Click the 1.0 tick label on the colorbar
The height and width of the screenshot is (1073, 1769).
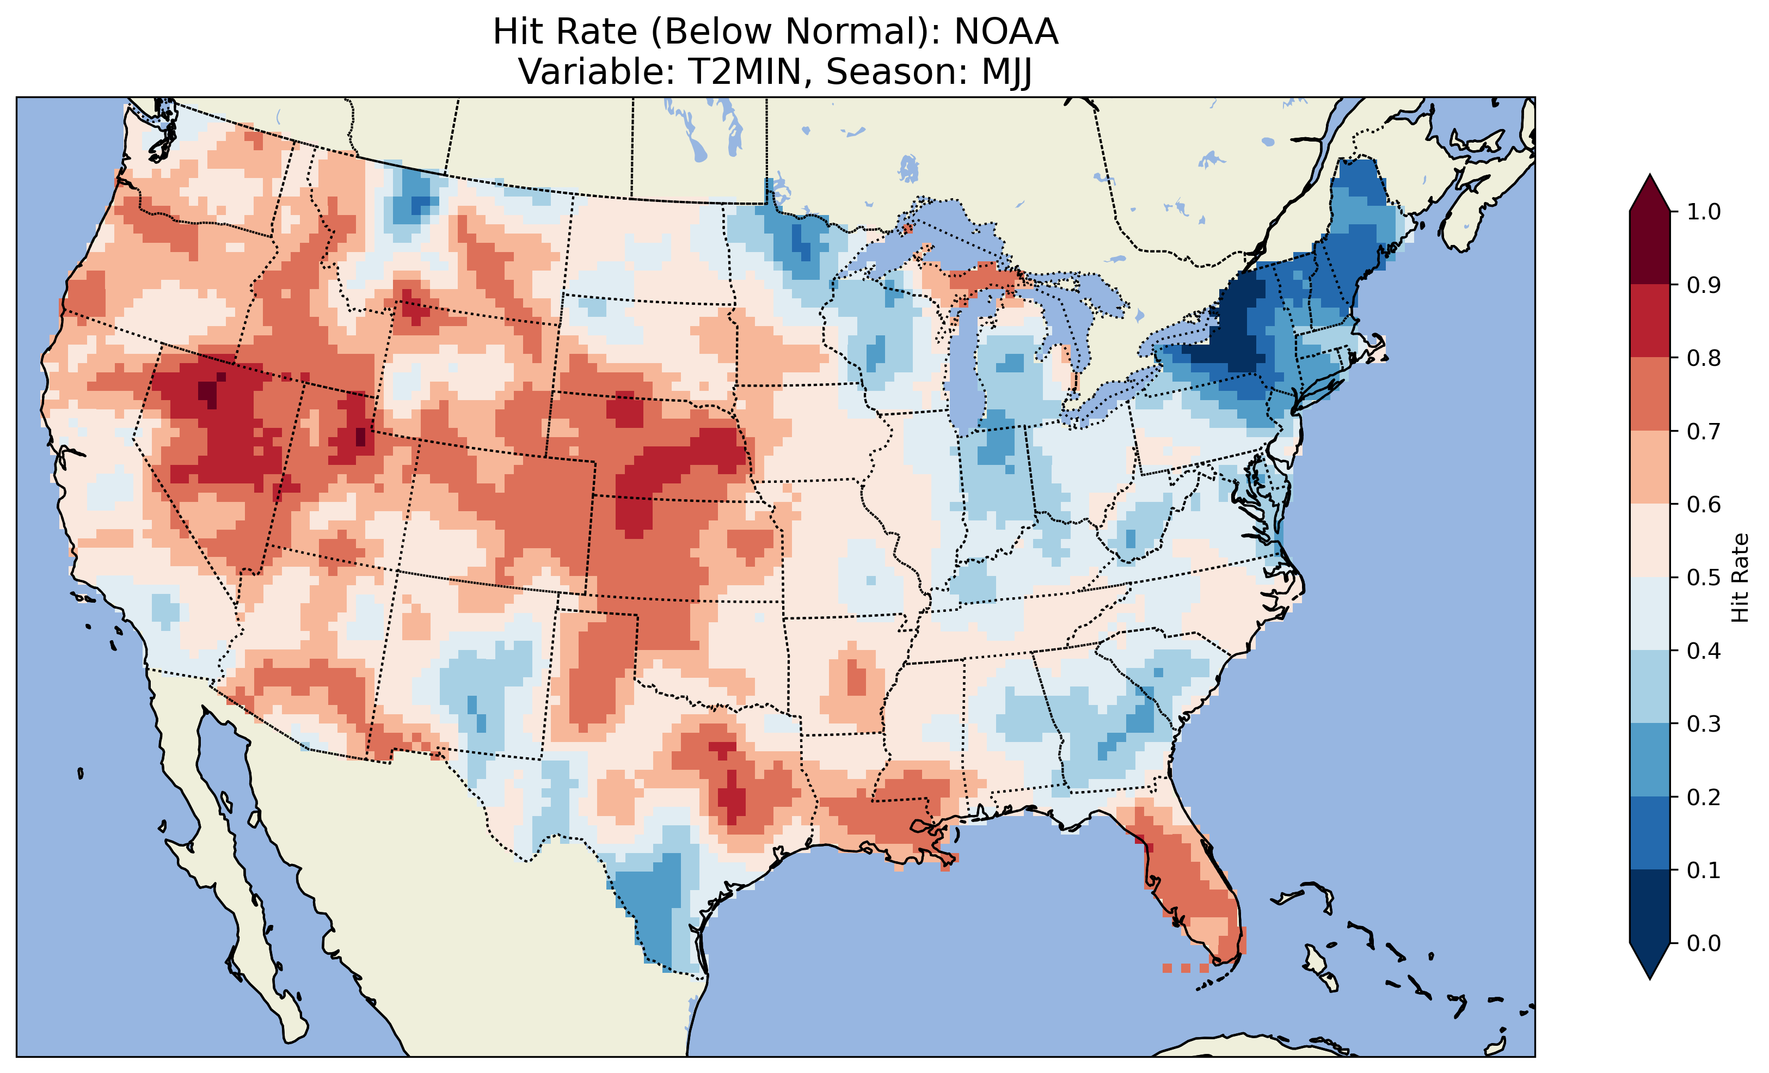[x=1704, y=212]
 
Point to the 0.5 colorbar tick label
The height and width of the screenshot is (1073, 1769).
[x=1704, y=578]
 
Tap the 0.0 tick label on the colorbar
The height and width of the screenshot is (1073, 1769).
[x=1704, y=943]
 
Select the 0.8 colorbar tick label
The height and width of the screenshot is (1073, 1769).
[x=1704, y=358]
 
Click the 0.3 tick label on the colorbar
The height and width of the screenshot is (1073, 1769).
[x=1704, y=724]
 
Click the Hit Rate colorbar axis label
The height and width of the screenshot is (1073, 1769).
[x=1740, y=578]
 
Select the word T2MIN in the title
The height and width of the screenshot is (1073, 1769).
[x=745, y=72]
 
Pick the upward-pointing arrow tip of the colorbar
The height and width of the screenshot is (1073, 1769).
[x=1650, y=177]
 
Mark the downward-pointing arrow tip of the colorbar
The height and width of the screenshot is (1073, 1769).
[x=1650, y=977]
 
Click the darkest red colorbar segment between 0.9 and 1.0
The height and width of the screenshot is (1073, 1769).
[x=1650, y=248]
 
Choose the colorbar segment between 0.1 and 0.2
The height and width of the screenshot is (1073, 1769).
[x=1650, y=833]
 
